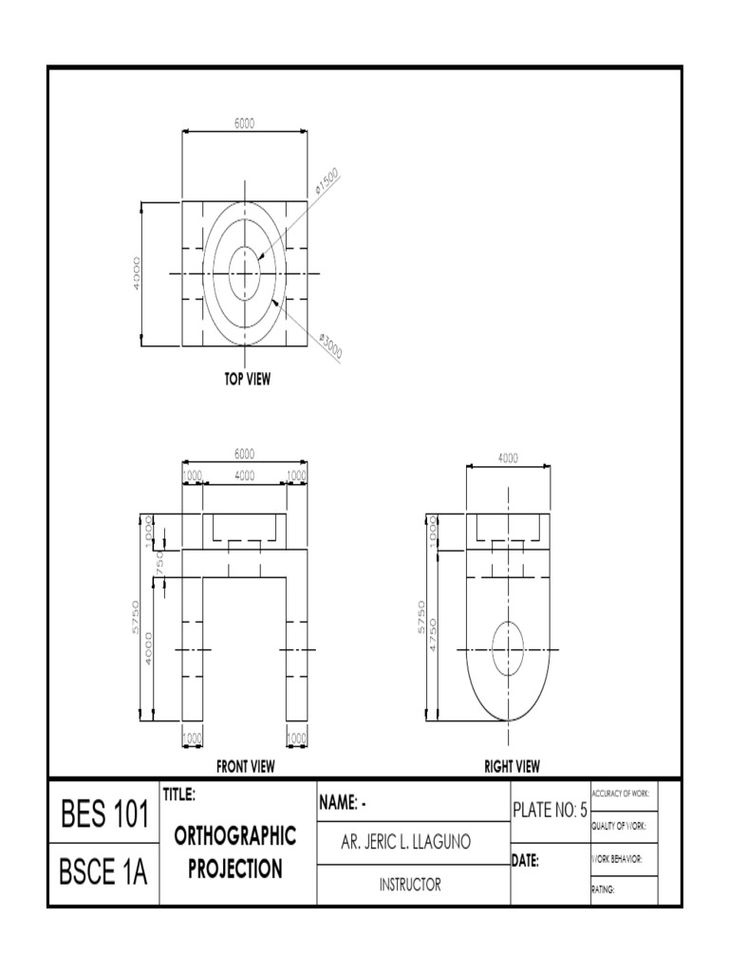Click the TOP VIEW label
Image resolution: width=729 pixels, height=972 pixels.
[x=247, y=379]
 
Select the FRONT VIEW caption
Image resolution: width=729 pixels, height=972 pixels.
[x=246, y=766]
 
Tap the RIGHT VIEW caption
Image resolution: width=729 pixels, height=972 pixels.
[x=512, y=766]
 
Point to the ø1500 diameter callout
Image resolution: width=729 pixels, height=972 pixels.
[x=327, y=181]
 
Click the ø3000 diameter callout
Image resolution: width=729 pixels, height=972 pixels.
[x=329, y=346]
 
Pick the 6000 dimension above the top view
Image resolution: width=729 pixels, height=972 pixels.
[x=244, y=122]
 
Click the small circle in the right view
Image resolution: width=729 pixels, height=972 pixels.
[x=508, y=649]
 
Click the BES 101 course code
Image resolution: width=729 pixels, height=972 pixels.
[x=104, y=814]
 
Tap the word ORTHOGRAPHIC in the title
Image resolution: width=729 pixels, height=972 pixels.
[x=235, y=836]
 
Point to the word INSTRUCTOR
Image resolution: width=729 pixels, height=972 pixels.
[x=410, y=885]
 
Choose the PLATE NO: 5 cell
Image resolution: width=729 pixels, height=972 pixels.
[x=550, y=809]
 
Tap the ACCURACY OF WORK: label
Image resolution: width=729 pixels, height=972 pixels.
[x=620, y=793]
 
